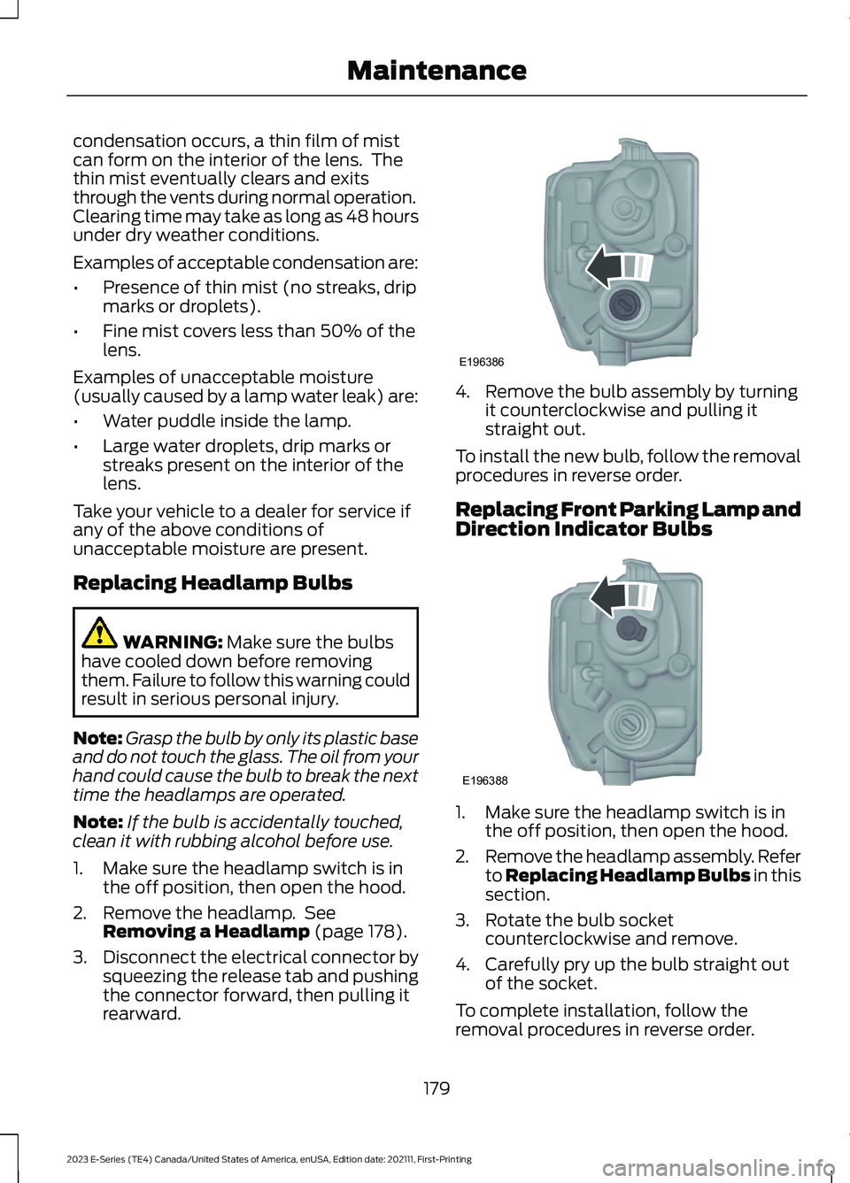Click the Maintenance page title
coord(437,71)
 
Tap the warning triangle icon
coord(99,633)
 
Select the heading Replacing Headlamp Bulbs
coord(212,583)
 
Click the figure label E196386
coord(481,362)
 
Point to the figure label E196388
coord(484,780)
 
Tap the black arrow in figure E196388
coord(608,596)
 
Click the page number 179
coord(437,1088)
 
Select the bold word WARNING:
coord(173,642)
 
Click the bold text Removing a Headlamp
coord(206,932)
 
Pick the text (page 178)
coord(361,932)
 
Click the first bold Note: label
coord(97,738)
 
